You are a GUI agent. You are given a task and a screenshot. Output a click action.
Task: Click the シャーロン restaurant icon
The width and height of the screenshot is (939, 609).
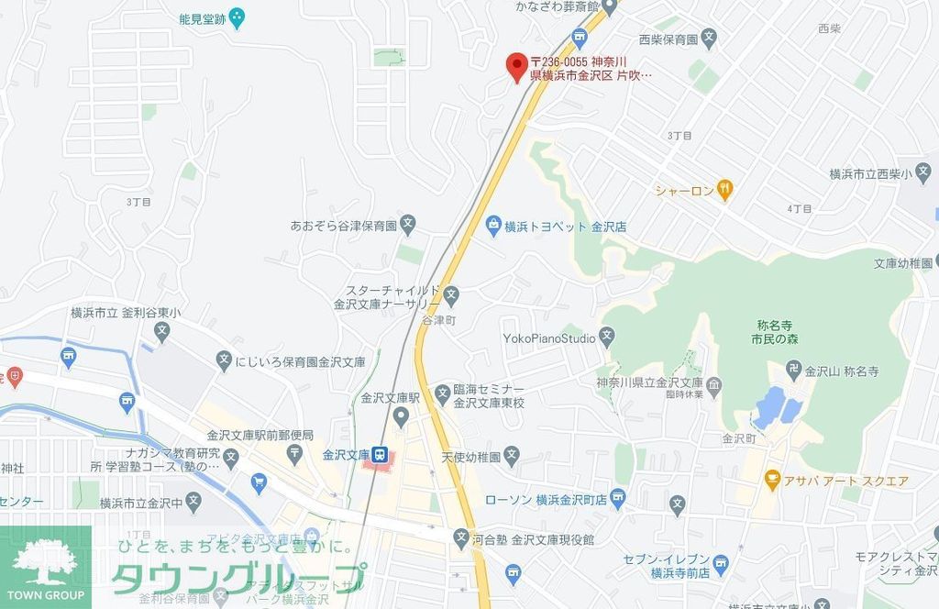pos(724,191)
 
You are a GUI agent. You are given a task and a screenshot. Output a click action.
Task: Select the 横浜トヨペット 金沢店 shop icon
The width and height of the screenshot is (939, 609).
pos(493,225)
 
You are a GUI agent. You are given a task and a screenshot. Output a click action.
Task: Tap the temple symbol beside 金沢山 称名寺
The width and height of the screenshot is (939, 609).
pos(793,371)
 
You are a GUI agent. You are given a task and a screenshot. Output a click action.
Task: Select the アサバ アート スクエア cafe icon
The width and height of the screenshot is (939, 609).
pos(772,480)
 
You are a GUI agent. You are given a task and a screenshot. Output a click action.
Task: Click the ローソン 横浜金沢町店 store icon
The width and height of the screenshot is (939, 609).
pos(617,500)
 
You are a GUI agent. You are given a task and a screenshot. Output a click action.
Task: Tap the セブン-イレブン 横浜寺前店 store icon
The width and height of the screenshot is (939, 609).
pos(721,563)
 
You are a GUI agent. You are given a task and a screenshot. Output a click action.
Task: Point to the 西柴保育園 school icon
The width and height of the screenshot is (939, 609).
pos(710,39)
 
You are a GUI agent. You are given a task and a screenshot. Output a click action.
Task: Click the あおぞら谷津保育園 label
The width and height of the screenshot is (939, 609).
pos(342,225)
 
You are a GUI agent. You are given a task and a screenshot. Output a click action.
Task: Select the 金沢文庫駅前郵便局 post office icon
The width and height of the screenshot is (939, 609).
pos(295,451)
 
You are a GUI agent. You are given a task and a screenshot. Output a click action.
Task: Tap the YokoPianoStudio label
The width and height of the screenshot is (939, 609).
pos(549,338)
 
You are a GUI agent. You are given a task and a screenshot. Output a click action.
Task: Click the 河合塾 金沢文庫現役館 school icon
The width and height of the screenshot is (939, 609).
pos(459,538)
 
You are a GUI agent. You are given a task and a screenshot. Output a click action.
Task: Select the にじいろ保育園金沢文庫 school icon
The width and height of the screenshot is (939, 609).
pos(225,361)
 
